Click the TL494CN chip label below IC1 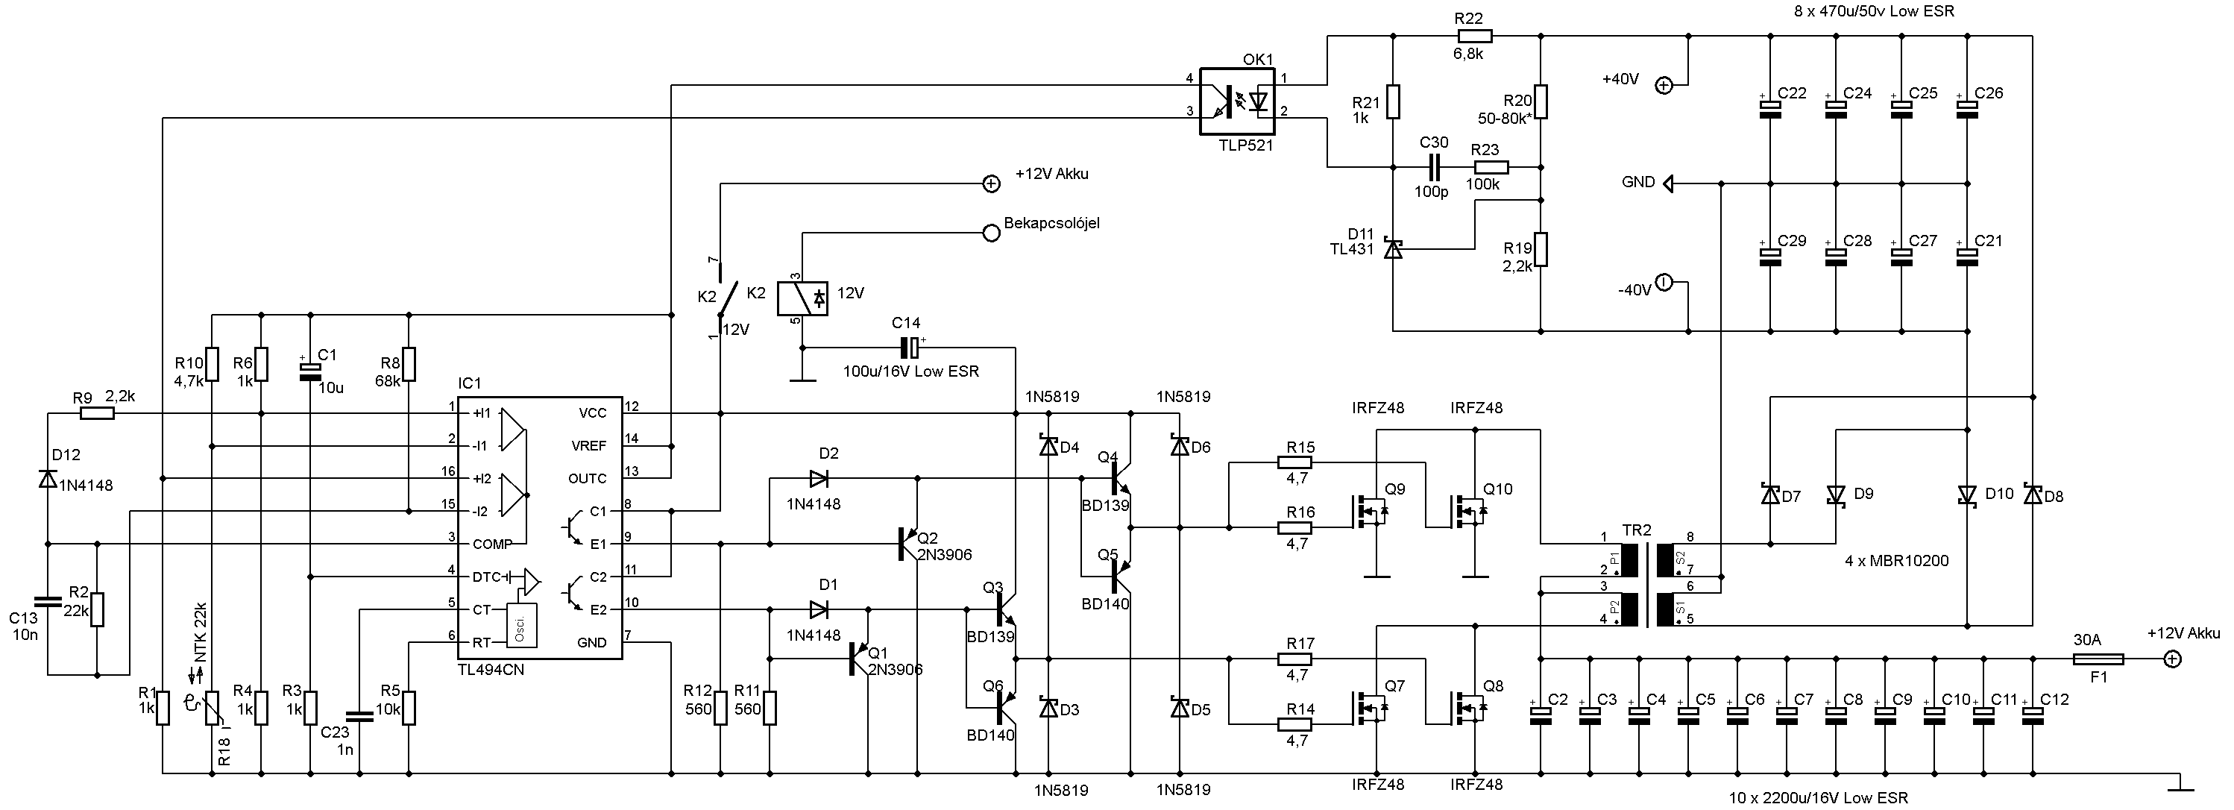point(491,670)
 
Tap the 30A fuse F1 point(2098,659)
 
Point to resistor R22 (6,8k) point(1474,36)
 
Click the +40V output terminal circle point(1664,85)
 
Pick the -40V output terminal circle point(1664,283)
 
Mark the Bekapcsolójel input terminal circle point(990,233)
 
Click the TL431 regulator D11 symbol point(1393,249)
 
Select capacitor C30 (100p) point(1432,166)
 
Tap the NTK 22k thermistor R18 point(212,709)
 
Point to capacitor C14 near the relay point(909,348)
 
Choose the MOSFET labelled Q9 point(1368,512)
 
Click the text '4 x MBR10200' point(1897,561)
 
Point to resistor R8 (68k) point(409,364)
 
